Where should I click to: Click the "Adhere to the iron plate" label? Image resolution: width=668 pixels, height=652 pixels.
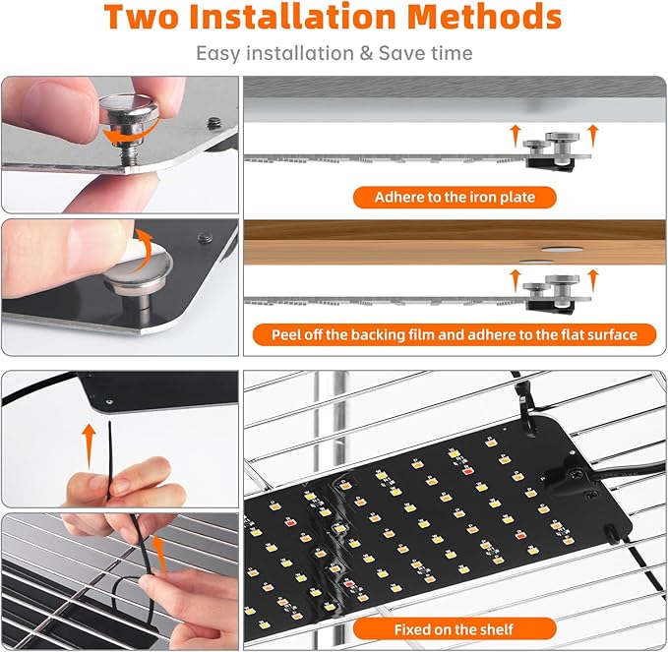pyautogui.click(x=455, y=198)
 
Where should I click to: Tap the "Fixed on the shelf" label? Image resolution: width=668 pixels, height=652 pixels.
pyautogui.click(x=454, y=628)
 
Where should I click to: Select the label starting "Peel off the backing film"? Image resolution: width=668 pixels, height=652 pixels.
pyautogui.click(x=455, y=335)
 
